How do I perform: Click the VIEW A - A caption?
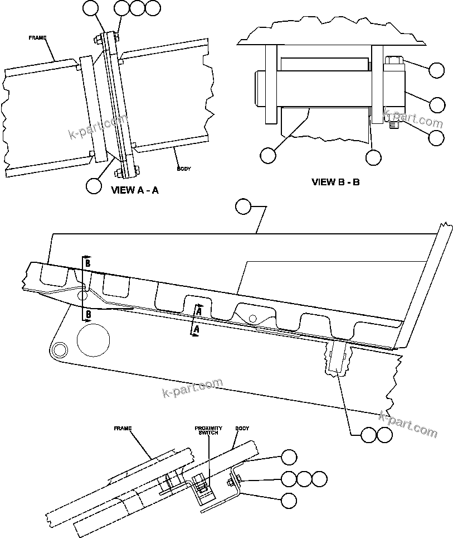tap(135, 190)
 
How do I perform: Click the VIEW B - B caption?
tap(335, 181)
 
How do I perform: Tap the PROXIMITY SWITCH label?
tap(208, 431)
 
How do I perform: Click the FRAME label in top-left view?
tap(37, 38)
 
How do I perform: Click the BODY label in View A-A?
tap(184, 168)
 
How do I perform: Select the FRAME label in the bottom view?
tap(122, 429)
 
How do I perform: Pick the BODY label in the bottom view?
tap(242, 429)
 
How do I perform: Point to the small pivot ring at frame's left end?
tap(57, 349)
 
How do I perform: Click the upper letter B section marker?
tap(87, 262)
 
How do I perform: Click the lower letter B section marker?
tap(87, 315)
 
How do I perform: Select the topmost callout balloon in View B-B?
tap(437, 70)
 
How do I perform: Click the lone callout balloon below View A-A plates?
tap(94, 185)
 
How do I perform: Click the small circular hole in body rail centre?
tap(252, 318)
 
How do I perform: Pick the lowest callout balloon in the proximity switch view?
tap(289, 501)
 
